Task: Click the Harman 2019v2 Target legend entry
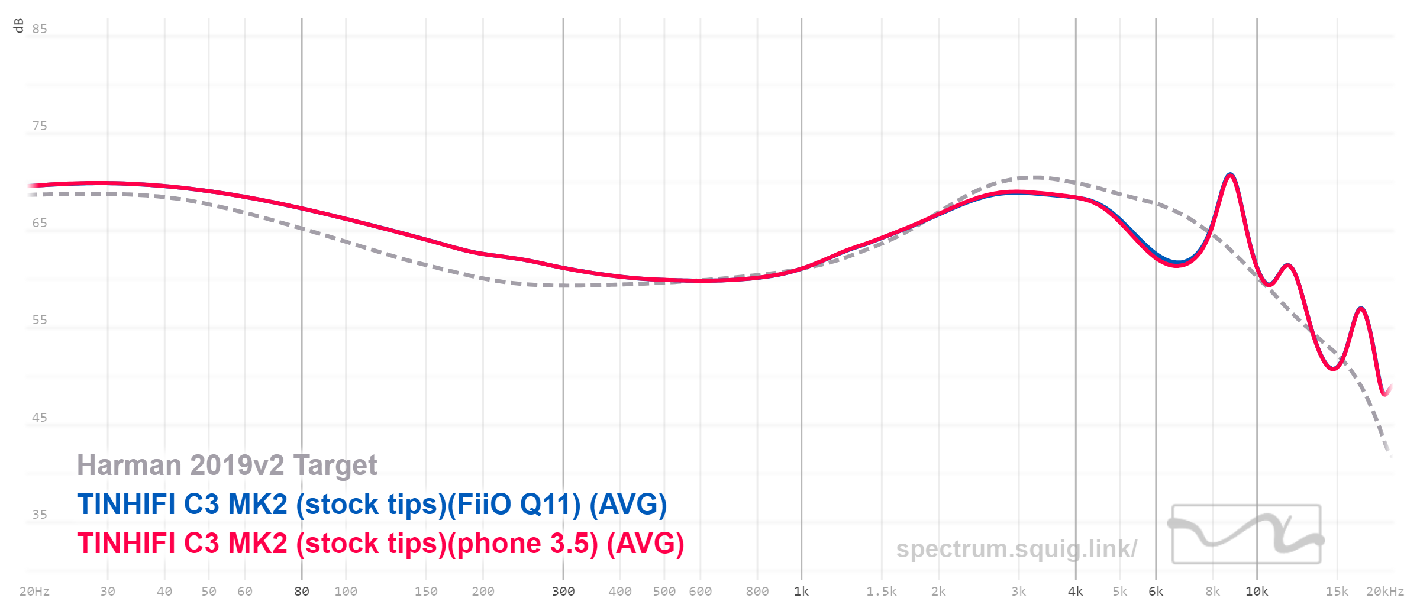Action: pos(227,465)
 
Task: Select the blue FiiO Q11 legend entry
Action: pos(372,505)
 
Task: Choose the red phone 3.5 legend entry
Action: pos(380,544)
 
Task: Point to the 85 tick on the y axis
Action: pos(40,29)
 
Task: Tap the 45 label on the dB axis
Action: pos(40,418)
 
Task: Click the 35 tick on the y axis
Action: pos(40,515)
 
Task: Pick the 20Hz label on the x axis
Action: pos(34,592)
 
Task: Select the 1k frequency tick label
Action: pos(801,592)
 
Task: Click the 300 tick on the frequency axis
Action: pos(563,592)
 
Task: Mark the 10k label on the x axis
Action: pos(1257,592)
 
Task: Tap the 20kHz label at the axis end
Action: pos(1384,592)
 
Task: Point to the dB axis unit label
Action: pos(18,25)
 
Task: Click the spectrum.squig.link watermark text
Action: pos(1016,549)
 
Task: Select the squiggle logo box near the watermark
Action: pos(1246,534)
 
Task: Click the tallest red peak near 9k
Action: pos(1230,174)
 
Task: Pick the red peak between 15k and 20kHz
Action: pos(1361,308)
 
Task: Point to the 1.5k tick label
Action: pos(881,592)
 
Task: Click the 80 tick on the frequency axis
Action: pos(302,592)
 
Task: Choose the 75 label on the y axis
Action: pos(40,126)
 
